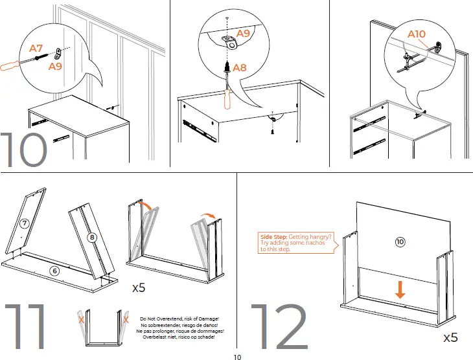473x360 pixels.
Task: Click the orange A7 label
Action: pos(37,48)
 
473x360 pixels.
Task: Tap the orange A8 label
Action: pos(239,67)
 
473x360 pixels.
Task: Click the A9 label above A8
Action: pos(243,32)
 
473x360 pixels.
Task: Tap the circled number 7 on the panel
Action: pos(23,223)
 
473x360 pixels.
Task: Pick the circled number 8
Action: pos(93,238)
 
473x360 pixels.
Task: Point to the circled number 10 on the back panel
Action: pos(400,242)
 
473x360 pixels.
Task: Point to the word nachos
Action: pos(320,243)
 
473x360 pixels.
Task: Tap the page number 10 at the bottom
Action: pos(236,355)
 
